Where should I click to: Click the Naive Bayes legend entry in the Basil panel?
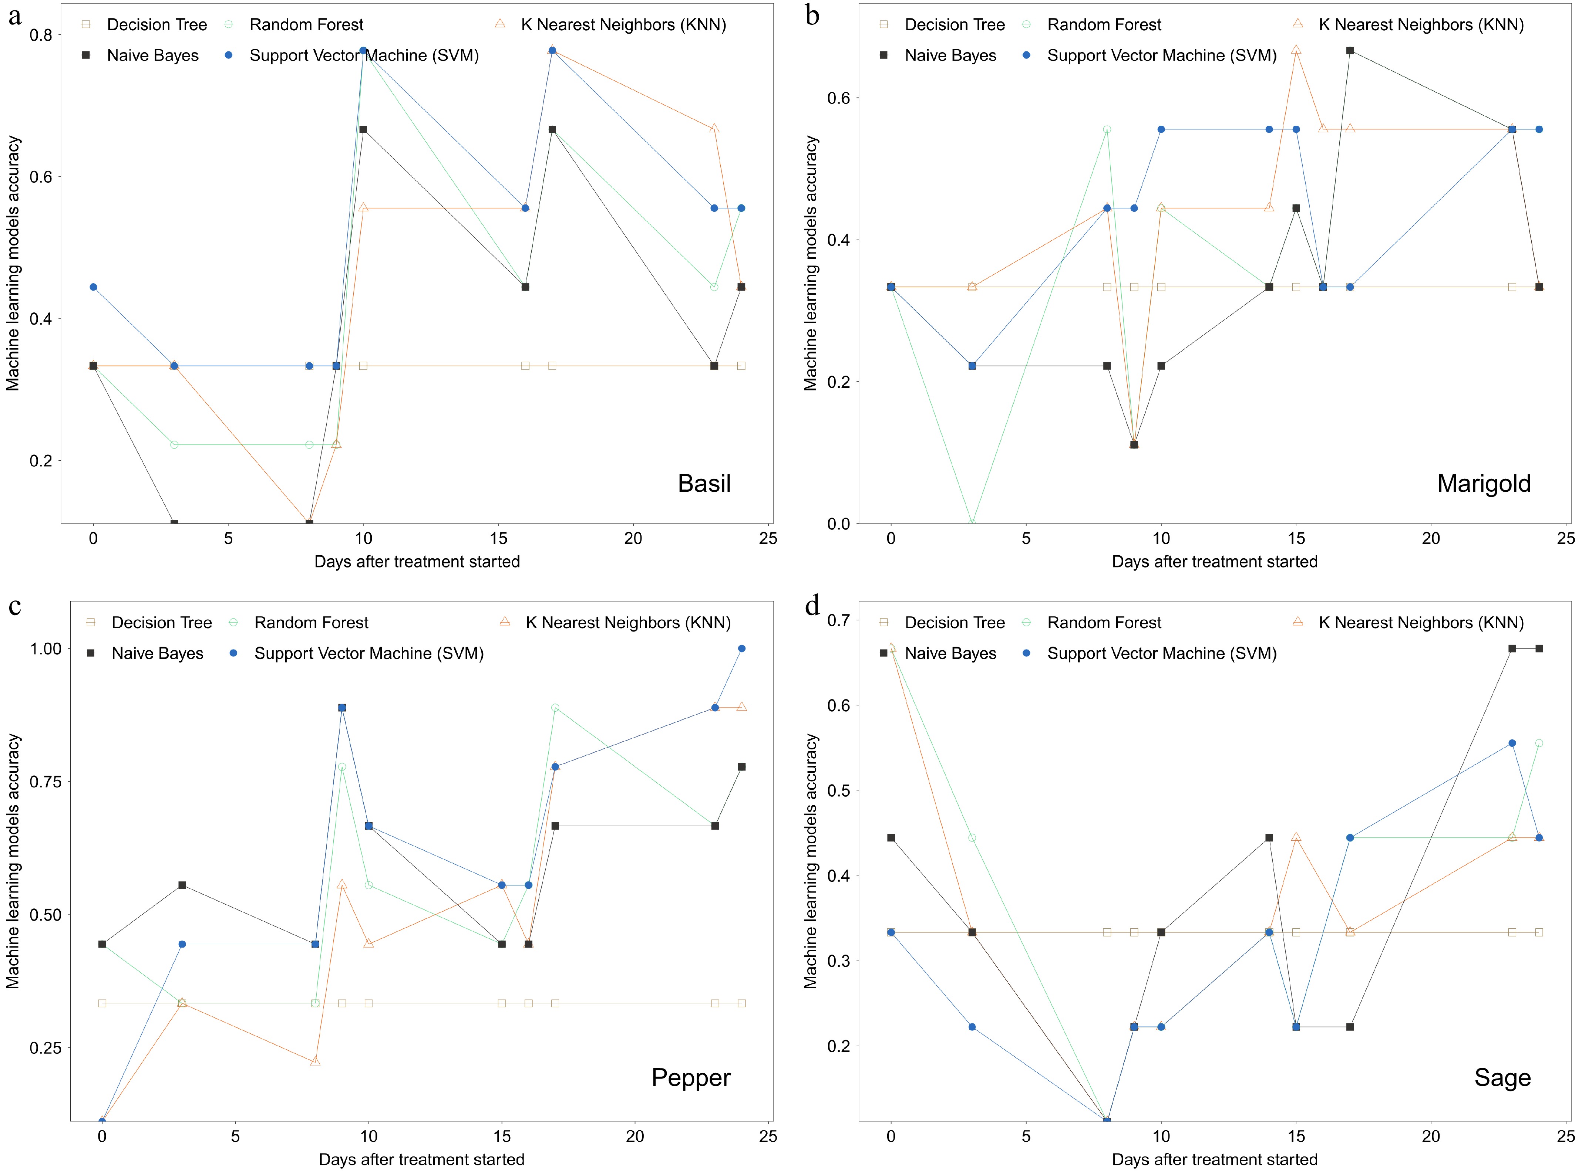[152, 55]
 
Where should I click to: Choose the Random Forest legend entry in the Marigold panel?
[1104, 25]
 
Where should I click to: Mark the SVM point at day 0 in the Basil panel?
[93, 287]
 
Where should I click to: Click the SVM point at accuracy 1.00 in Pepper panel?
[742, 648]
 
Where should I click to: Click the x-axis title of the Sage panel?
[1214, 1159]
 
